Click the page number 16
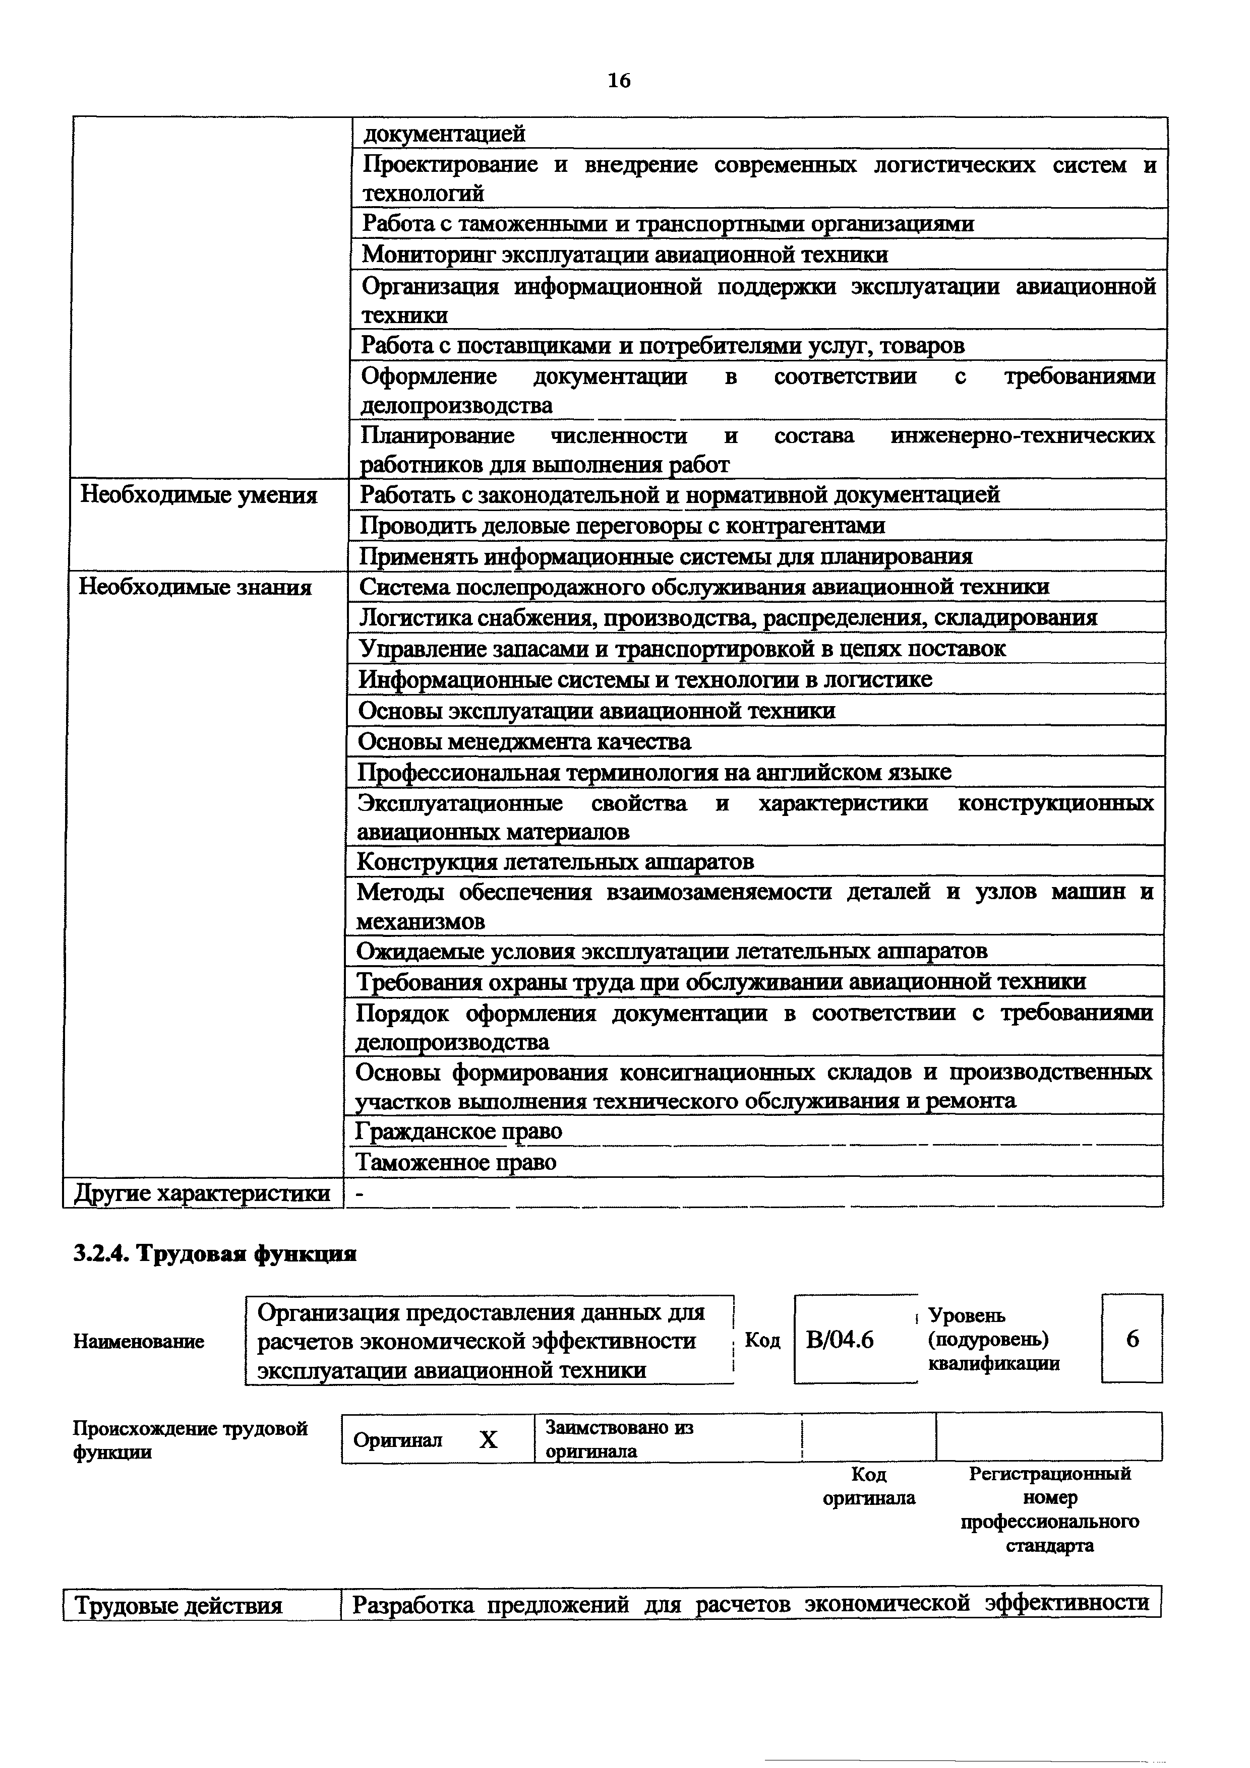pos(619,80)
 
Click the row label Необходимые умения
pos(199,494)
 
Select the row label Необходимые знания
pos(196,588)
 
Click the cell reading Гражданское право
pos(459,1130)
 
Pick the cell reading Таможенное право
pos(456,1161)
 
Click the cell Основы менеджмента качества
pos(524,741)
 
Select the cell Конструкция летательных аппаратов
pos(555,860)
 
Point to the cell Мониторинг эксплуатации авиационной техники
pos(625,254)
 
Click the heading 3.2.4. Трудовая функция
pos(215,1253)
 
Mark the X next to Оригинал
pos(488,1440)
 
